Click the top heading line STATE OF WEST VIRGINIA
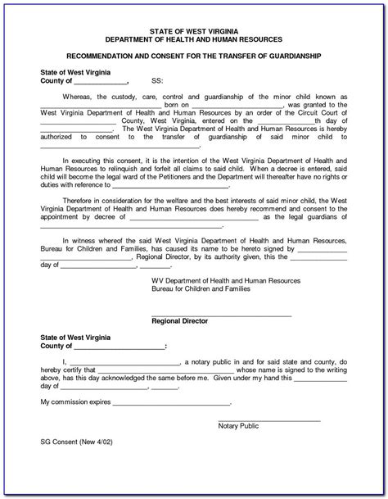point(194,29)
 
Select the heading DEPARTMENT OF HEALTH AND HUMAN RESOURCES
point(194,39)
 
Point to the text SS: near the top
point(157,82)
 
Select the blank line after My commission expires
point(171,404)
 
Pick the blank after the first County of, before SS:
point(102,83)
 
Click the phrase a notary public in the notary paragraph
point(213,361)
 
